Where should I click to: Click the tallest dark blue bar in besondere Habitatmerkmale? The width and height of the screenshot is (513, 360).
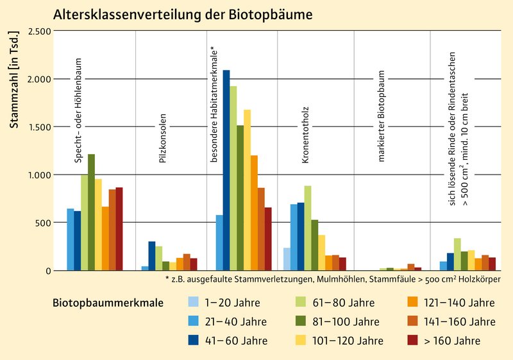(x=226, y=170)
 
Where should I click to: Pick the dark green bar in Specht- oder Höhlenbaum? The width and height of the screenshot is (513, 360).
(x=91, y=212)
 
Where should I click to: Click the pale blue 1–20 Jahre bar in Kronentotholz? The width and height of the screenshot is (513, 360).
(x=287, y=259)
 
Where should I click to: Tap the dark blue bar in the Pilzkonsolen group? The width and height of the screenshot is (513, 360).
(x=152, y=255)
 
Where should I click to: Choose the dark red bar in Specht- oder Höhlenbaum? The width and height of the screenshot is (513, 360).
(x=119, y=228)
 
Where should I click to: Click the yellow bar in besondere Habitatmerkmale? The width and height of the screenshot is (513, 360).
(x=248, y=190)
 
